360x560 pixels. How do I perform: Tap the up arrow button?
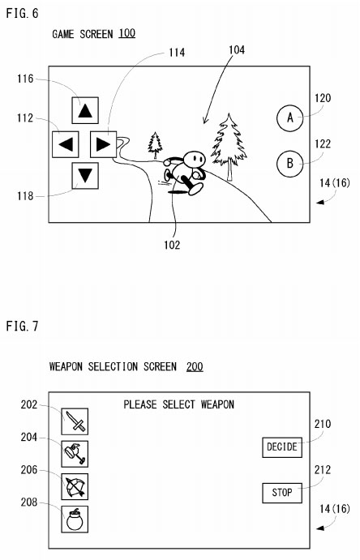click(85, 110)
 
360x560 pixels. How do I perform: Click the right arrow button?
click(103, 144)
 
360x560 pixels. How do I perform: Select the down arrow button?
click(85, 176)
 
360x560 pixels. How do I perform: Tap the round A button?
click(289, 118)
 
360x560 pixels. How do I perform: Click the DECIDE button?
click(282, 447)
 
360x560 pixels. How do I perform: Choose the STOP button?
click(282, 493)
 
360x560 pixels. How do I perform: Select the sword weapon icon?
click(75, 421)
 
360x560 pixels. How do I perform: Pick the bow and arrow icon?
click(75, 486)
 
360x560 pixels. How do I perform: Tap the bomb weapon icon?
click(75, 519)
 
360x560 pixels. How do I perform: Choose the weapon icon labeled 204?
click(75, 454)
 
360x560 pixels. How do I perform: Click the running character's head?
click(195, 160)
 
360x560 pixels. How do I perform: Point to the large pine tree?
click(229, 147)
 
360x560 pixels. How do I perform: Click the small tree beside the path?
click(155, 144)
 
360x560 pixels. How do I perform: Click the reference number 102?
click(172, 245)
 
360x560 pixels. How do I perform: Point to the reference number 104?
click(237, 50)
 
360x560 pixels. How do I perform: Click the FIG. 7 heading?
click(22, 326)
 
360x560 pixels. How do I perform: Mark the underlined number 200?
click(195, 367)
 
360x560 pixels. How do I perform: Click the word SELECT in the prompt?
click(178, 404)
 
